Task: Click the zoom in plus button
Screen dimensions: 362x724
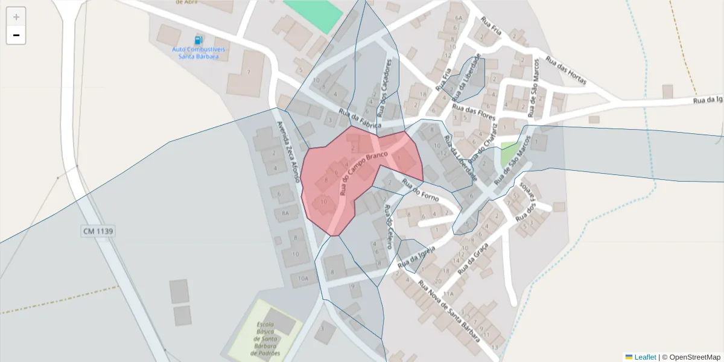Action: [x=16, y=17]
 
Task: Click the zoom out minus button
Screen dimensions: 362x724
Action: [x=16, y=36]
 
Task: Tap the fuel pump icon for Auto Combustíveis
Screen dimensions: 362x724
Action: [x=198, y=40]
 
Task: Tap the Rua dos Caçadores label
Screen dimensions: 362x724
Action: [x=388, y=88]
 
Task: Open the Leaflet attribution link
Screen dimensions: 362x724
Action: [x=644, y=357]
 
